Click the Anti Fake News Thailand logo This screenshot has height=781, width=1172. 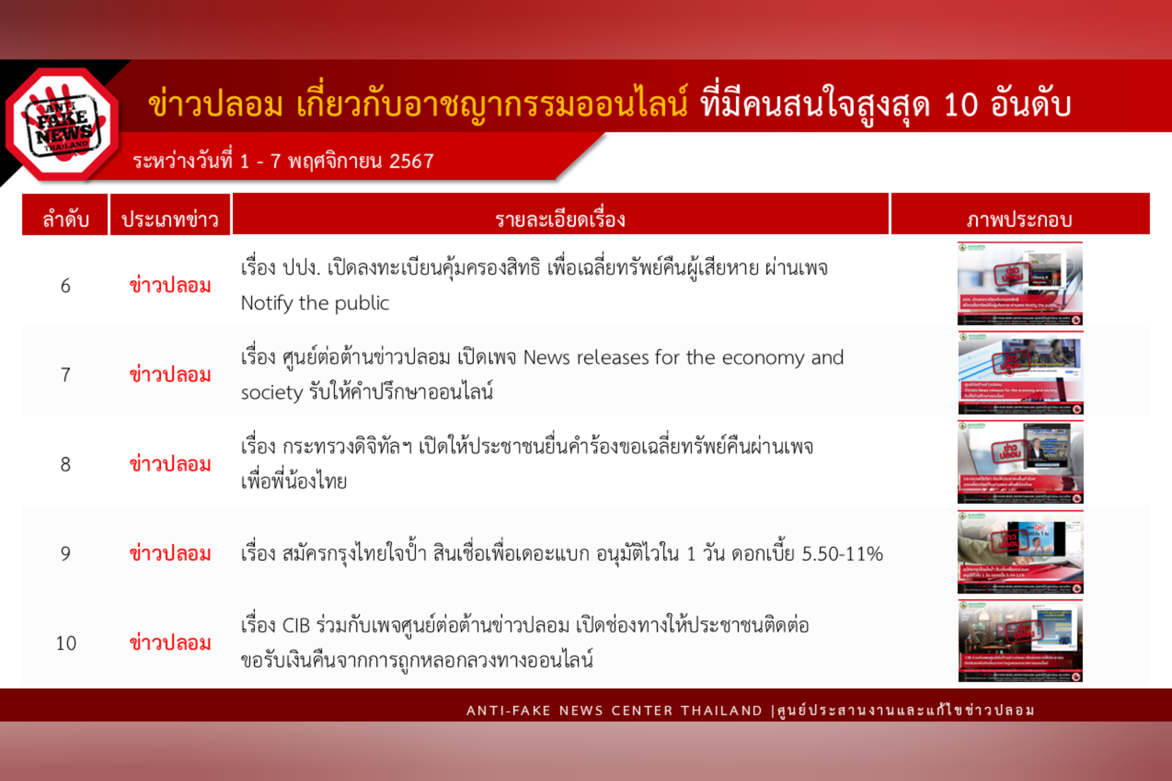[63, 125]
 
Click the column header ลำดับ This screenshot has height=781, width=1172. [65, 219]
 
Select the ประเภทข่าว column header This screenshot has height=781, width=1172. [170, 219]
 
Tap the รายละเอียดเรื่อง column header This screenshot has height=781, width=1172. [560, 219]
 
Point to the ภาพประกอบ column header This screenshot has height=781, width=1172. [1019, 219]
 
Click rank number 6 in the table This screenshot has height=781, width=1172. [65, 286]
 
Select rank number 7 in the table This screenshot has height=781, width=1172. [65, 375]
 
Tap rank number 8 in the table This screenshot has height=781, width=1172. [65, 465]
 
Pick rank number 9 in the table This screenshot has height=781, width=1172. [65, 554]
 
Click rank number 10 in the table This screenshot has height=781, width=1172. [66, 644]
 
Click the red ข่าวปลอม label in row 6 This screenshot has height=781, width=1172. [170, 286]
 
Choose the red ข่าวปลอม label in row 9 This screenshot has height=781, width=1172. [170, 554]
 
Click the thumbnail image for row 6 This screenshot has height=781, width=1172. [1020, 283]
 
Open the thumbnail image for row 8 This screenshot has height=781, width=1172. [1020, 462]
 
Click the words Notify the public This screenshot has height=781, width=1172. [315, 303]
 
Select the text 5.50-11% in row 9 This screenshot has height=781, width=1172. [842, 554]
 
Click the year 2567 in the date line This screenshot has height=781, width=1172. [411, 161]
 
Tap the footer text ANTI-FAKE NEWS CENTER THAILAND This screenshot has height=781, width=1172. [614, 711]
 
